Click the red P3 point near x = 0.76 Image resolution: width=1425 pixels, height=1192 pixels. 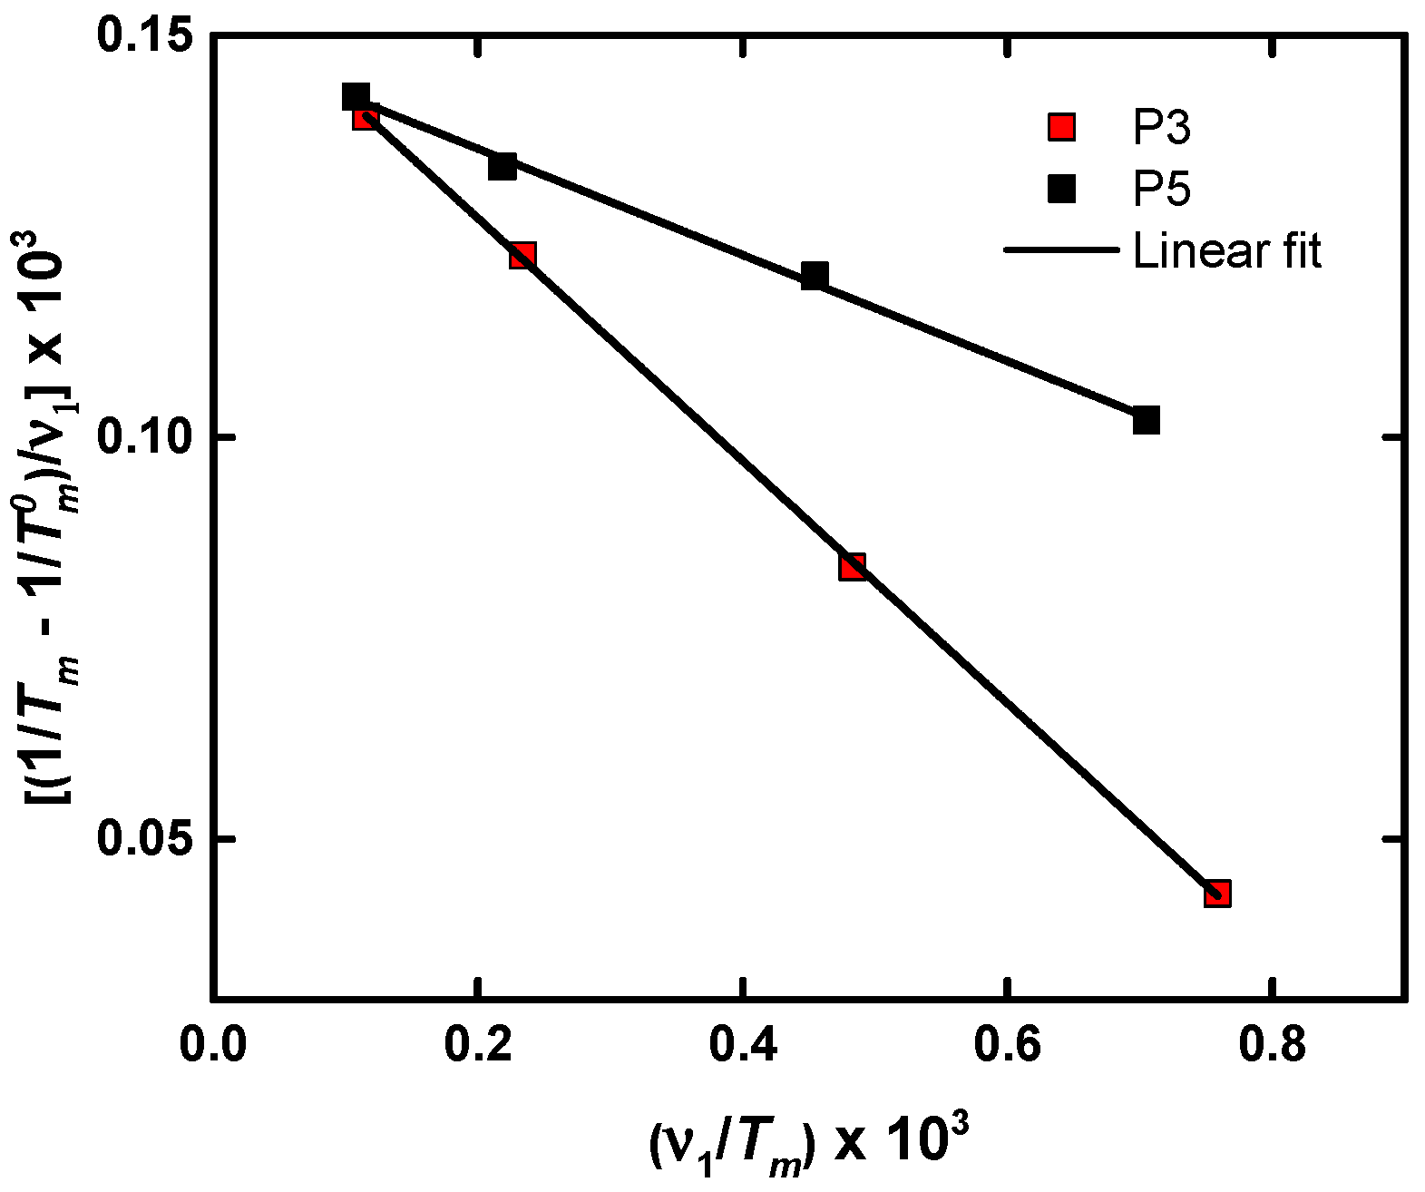[1217, 894]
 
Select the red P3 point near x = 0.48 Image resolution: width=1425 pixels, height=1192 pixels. [852, 567]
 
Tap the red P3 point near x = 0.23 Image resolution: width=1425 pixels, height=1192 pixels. [522, 255]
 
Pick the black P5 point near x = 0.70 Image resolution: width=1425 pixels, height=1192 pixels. [1147, 420]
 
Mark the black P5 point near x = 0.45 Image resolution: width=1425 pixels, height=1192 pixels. [815, 276]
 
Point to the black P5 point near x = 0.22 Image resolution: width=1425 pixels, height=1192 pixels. [503, 166]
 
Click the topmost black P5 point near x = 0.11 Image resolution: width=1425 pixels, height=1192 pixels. [356, 96]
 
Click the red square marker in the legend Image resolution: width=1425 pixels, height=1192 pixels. [1061, 127]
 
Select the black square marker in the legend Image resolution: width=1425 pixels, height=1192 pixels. [1061, 189]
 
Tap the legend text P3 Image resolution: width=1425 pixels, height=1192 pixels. [1162, 128]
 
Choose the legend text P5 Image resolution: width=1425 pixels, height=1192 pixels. [1162, 190]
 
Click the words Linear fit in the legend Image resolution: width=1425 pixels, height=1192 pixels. [1227, 250]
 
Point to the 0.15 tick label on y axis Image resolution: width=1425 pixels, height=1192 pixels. [145, 41]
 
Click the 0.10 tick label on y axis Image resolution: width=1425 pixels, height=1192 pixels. [145, 437]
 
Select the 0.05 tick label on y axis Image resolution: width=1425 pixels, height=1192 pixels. [145, 839]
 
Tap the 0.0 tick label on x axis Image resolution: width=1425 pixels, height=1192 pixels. [212, 1045]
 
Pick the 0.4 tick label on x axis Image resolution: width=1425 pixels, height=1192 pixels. [743, 1045]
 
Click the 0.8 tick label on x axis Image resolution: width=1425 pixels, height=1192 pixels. [1274, 1045]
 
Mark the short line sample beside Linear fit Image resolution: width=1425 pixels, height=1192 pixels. [1061, 249]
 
